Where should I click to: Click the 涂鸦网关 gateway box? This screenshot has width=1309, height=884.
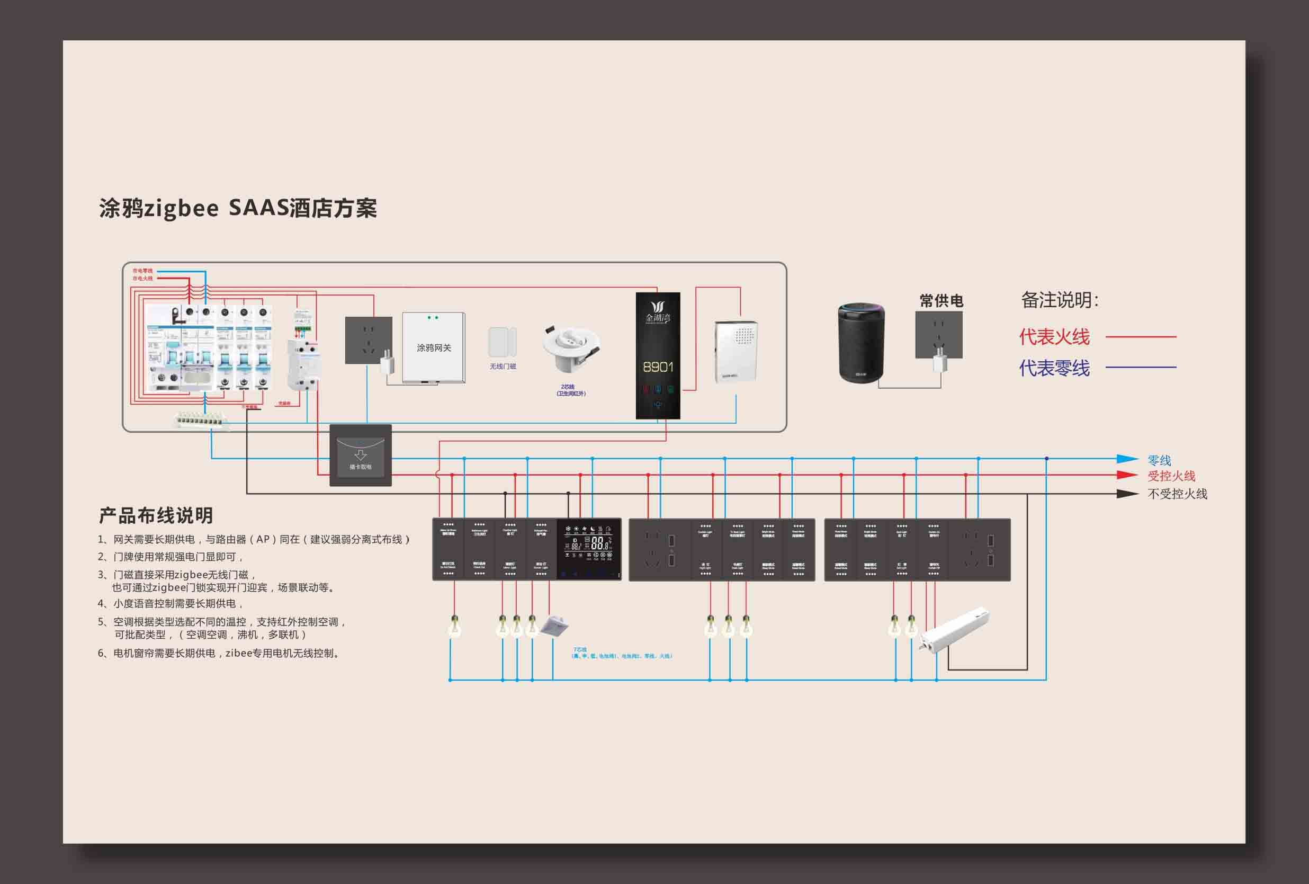(x=433, y=347)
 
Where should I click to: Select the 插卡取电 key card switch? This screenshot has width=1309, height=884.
(x=361, y=457)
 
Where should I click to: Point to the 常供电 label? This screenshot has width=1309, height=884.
(x=941, y=301)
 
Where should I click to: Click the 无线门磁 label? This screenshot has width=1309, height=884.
(x=503, y=367)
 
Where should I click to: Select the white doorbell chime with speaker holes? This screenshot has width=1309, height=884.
(x=736, y=352)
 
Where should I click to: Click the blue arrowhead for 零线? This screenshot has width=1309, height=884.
(x=1126, y=459)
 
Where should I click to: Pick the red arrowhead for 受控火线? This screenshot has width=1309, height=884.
(x=1126, y=475)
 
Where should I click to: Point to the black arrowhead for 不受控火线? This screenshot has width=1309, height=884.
(x=1126, y=494)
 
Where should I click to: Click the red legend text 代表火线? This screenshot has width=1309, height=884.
(x=1054, y=337)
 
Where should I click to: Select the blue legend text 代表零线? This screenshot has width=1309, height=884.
(x=1054, y=368)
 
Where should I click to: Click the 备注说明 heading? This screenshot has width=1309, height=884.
(x=1060, y=300)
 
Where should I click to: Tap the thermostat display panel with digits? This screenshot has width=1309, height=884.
(x=589, y=548)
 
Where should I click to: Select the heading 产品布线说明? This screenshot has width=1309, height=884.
(x=156, y=515)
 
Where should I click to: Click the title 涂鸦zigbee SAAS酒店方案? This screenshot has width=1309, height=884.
(x=238, y=209)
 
